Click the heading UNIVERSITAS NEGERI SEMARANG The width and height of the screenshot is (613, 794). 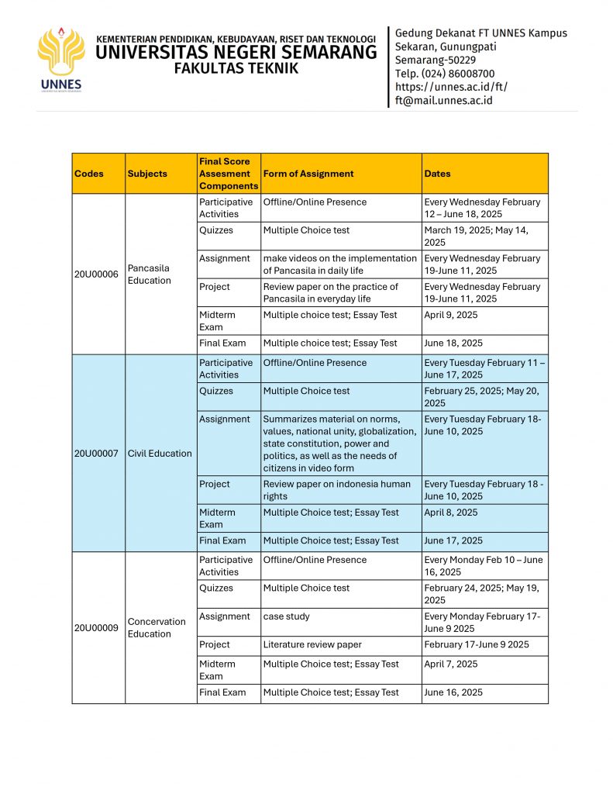coord(236,53)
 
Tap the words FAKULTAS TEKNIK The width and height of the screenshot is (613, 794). coord(236,69)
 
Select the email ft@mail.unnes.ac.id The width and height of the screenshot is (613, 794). coord(443,100)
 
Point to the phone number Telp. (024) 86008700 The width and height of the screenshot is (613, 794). coord(445,74)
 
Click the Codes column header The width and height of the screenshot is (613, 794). coord(89,174)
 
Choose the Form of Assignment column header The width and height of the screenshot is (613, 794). coord(308,174)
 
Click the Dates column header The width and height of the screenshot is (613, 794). coord(437,174)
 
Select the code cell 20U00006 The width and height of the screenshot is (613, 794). coord(96,274)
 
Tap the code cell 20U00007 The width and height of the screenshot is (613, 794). coord(96,453)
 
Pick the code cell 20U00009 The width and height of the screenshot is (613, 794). coord(96,627)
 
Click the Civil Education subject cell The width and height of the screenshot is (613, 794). coord(160,453)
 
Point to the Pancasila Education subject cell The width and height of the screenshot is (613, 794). coord(150,274)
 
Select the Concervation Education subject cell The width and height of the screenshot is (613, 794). coord(157,627)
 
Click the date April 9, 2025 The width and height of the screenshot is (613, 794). coord(451,315)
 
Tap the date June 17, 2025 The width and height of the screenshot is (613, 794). coord(453,540)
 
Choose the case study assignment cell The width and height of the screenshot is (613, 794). coord(286,616)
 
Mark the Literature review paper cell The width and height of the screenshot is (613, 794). coord(312,644)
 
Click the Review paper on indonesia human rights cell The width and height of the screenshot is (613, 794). coord(336,490)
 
